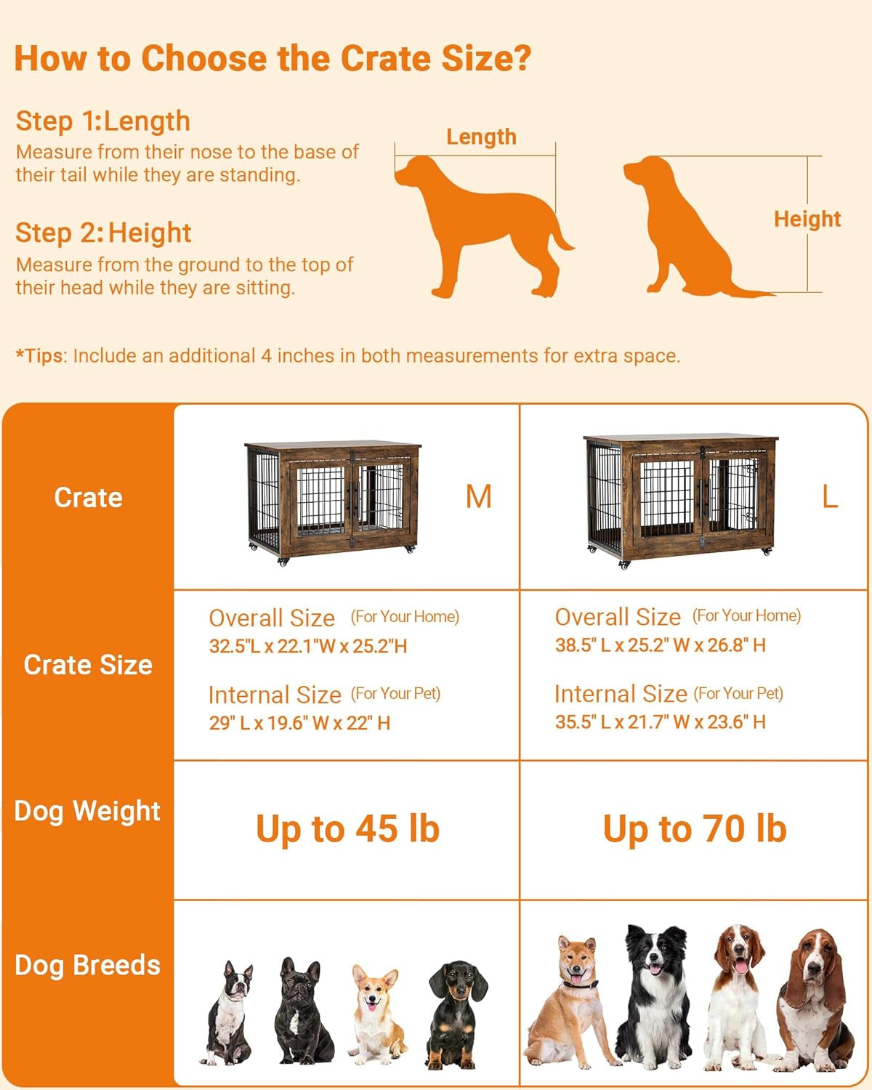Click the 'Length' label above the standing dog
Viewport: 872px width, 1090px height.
pos(481,137)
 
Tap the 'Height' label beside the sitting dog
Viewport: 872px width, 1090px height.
pos(807,219)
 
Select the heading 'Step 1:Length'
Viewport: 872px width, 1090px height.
pos(102,121)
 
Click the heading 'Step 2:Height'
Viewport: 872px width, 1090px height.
pos(103,233)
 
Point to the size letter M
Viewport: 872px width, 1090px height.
pos(478,497)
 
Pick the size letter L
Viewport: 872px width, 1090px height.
pos(829,497)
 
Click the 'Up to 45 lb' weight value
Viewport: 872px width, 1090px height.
pos(347,829)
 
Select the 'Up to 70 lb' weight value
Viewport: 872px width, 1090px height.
pos(695,829)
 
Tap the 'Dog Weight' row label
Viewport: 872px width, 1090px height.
pos(87,810)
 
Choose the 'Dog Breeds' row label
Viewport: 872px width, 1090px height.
pos(87,965)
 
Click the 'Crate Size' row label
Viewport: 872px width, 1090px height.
pos(88,664)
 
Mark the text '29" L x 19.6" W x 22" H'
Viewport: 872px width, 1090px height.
pos(299,723)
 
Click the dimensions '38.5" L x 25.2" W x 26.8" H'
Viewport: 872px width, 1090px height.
pos(660,645)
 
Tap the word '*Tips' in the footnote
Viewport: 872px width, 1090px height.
pos(40,356)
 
